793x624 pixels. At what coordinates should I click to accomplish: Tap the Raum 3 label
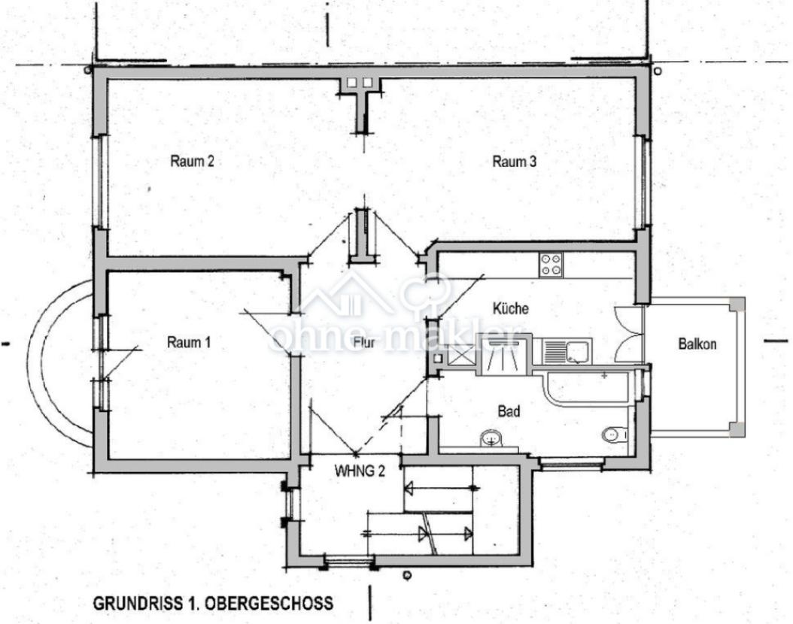(514, 161)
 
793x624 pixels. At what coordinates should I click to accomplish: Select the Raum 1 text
(188, 343)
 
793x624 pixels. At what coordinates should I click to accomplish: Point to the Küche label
(510, 308)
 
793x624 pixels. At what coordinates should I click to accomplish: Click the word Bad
(509, 412)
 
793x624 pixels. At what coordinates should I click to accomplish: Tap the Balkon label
(697, 344)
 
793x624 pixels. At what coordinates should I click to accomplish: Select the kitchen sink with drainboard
(567, 352)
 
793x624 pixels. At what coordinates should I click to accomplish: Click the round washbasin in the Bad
(491, 438)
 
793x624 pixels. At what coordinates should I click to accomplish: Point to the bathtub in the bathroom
(587, 387)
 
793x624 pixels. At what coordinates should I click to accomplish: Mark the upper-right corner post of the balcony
(737, 304)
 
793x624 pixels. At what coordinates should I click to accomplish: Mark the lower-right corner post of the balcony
(737, 429)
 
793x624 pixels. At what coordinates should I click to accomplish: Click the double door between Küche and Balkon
(628, 335)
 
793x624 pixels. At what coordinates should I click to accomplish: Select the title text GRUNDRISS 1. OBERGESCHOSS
(213, 604)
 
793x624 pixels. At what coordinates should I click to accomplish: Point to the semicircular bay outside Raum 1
(60, 362)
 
